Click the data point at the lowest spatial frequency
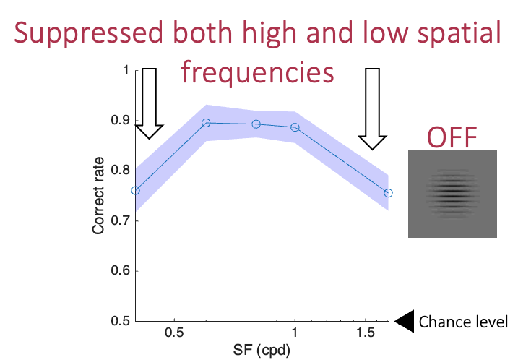click(x=135, y=191)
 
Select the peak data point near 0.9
click(x=206, y=123)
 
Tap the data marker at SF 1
click(x=295, y=127)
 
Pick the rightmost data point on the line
click(x=389, y=193)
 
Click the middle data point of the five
click(x=256, y=124)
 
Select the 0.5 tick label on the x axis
click(x=173, y=333)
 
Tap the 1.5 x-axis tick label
click(x=366, y=333)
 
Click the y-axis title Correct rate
click(x=98, y=196)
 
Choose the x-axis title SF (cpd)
click(x=262, y=351)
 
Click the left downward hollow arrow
click(x=149, y=102)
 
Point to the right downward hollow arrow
click(x=373, y=108)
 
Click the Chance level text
click(x=463, y=322)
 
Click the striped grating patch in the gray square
click(x=452, y=194)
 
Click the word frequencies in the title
click(x=257, y=72)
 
